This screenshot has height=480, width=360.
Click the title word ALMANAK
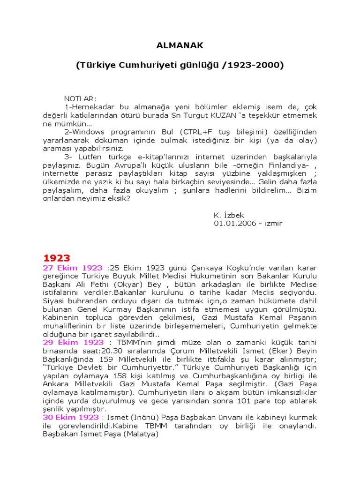click(x=180, y=45)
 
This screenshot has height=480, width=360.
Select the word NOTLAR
click(x=80, y=99)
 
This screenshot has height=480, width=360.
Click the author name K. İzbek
click(x=229, y=215)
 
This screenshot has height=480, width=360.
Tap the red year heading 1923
click(x=56, y=258)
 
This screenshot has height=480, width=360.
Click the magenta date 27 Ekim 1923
click(x=73, y=268)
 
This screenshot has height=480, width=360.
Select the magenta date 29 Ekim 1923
click(x=73, y=343)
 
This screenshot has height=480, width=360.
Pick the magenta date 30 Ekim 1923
click(x=71, y=417)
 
